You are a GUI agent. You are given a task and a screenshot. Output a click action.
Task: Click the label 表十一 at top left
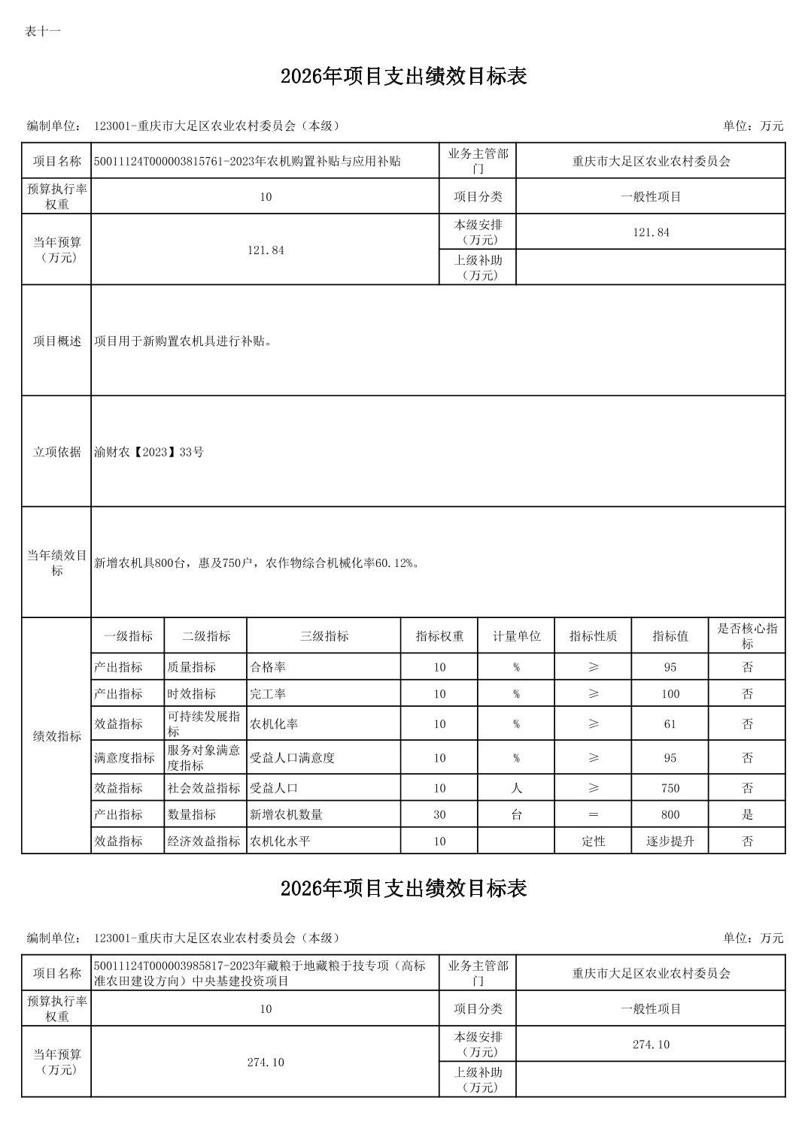[x=42, y=31]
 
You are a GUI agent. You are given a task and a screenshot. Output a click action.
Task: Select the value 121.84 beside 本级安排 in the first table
[x=651, y=232]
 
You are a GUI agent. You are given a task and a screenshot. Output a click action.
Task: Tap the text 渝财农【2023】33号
[x=149, y=452]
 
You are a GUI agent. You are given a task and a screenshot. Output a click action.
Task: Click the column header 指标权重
[x=439, y=636]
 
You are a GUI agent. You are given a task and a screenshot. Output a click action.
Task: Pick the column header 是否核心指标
[x=747, y=636]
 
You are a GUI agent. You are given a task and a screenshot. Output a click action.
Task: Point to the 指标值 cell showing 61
[x=670, y=724]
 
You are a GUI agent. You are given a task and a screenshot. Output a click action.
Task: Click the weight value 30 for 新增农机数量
[x=439, y=814]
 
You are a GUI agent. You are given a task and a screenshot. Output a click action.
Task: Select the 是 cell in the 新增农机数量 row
[x=747, y=814]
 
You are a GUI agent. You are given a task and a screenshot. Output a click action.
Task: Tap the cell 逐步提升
[x=670, y=841]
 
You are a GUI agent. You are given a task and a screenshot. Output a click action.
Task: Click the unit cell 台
[x=516, y=814]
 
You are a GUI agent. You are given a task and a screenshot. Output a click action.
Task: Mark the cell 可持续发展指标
[x=204, y=724]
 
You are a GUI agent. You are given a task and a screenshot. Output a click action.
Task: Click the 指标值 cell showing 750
[x=670, y=788]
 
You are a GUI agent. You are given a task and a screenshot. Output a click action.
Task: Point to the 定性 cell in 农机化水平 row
[x=593, y=841]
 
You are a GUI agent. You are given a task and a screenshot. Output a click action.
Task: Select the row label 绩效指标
[x=56, y=736]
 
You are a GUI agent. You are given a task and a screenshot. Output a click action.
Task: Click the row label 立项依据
[x=56, y=452]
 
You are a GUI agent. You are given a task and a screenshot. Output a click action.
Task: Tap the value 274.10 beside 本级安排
[x=651, y=1044]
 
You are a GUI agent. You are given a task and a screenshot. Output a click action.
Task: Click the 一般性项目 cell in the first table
[x=651, y=197]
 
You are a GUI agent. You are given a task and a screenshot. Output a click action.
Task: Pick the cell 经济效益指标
[x=204, y=841]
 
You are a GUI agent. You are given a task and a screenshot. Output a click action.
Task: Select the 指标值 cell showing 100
[x=670, y=694]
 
